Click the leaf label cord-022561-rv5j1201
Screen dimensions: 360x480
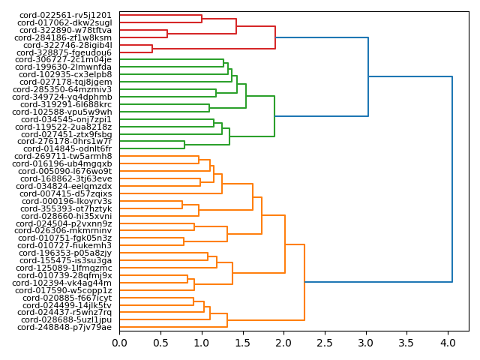click(x=64, y=15)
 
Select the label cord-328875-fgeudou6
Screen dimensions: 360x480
click(x=64, y=52)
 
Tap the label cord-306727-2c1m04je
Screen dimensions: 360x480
click(x=64, y=60)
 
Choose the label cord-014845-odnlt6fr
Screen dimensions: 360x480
click(x=67, y=148)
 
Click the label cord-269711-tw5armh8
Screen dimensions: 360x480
click(x=64, y=156)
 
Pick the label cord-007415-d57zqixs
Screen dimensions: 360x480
click(x=66, y=193)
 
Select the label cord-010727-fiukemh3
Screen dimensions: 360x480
click(x=65, y=245)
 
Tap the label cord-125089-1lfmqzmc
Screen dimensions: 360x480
click(x=64, y=268)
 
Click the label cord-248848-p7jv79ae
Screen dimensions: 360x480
click(x=64, y=327)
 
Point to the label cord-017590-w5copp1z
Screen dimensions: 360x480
click(x=65, y=290)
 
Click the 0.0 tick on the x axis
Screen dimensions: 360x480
click(x=120, y=343)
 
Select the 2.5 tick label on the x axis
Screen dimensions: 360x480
click(x=325, y=343)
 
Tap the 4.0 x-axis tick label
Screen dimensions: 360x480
click(x=448, y=343)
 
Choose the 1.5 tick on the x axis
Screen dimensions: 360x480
click(x=243, y=343)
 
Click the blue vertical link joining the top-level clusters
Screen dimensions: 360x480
click(x=452, y=179)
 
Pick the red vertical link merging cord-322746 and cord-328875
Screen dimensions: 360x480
click(x=152, y=49)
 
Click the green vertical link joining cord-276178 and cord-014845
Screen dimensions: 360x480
click(x=184, y=145)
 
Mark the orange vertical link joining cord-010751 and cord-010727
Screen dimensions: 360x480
click(x=184, y=241)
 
